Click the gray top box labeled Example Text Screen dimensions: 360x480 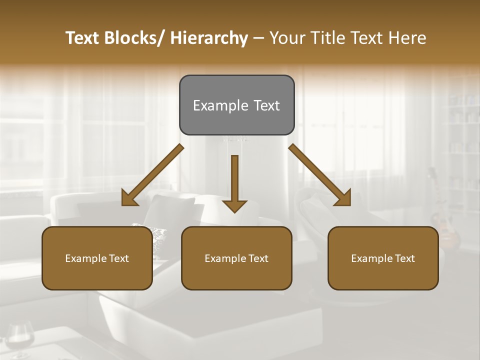point(236,105)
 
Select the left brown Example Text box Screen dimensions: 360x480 point(97,258)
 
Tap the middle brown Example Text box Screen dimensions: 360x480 point(236,258)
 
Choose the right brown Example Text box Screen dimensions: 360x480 point(383,258)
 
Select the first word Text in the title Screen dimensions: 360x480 point(83,38)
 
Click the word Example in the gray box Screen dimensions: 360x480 point(215,105)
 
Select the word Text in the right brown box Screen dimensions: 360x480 point(404,258)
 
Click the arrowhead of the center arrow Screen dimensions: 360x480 point(234,205)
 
